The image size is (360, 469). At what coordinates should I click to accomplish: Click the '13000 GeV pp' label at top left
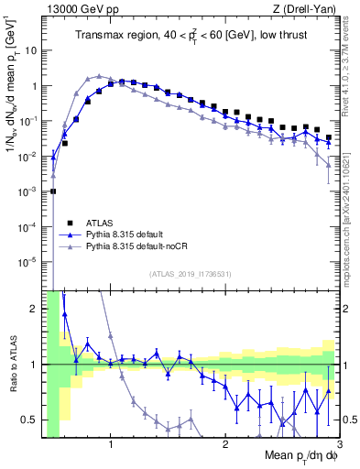point(80,9)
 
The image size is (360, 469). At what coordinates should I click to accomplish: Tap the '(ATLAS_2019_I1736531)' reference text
point(189,274)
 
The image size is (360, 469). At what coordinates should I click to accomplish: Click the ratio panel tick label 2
point(35,309)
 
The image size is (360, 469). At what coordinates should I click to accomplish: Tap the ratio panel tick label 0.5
point(31,420)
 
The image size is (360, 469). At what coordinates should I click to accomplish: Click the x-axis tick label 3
point(340,444)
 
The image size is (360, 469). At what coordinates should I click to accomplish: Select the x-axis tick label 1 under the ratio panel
point(111,444)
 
